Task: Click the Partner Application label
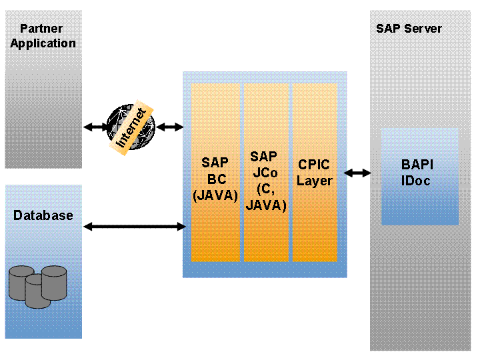pos(43,36)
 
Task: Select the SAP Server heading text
pos(409,29)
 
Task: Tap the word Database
pos(43,215)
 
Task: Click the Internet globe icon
pos(131,126)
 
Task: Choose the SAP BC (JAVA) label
pos(215,179)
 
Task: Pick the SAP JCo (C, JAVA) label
pos(265,181)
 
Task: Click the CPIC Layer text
pos(314,173)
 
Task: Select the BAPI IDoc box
pos(419,176)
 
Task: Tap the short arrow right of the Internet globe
pos(169,127)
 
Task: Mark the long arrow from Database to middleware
pos(134,227)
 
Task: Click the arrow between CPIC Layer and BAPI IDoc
pos(357,173)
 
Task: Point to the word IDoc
pos(415,181)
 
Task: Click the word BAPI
pos(416,165)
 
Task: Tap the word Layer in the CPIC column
pos(314,181)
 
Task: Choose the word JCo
pos(265,173)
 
